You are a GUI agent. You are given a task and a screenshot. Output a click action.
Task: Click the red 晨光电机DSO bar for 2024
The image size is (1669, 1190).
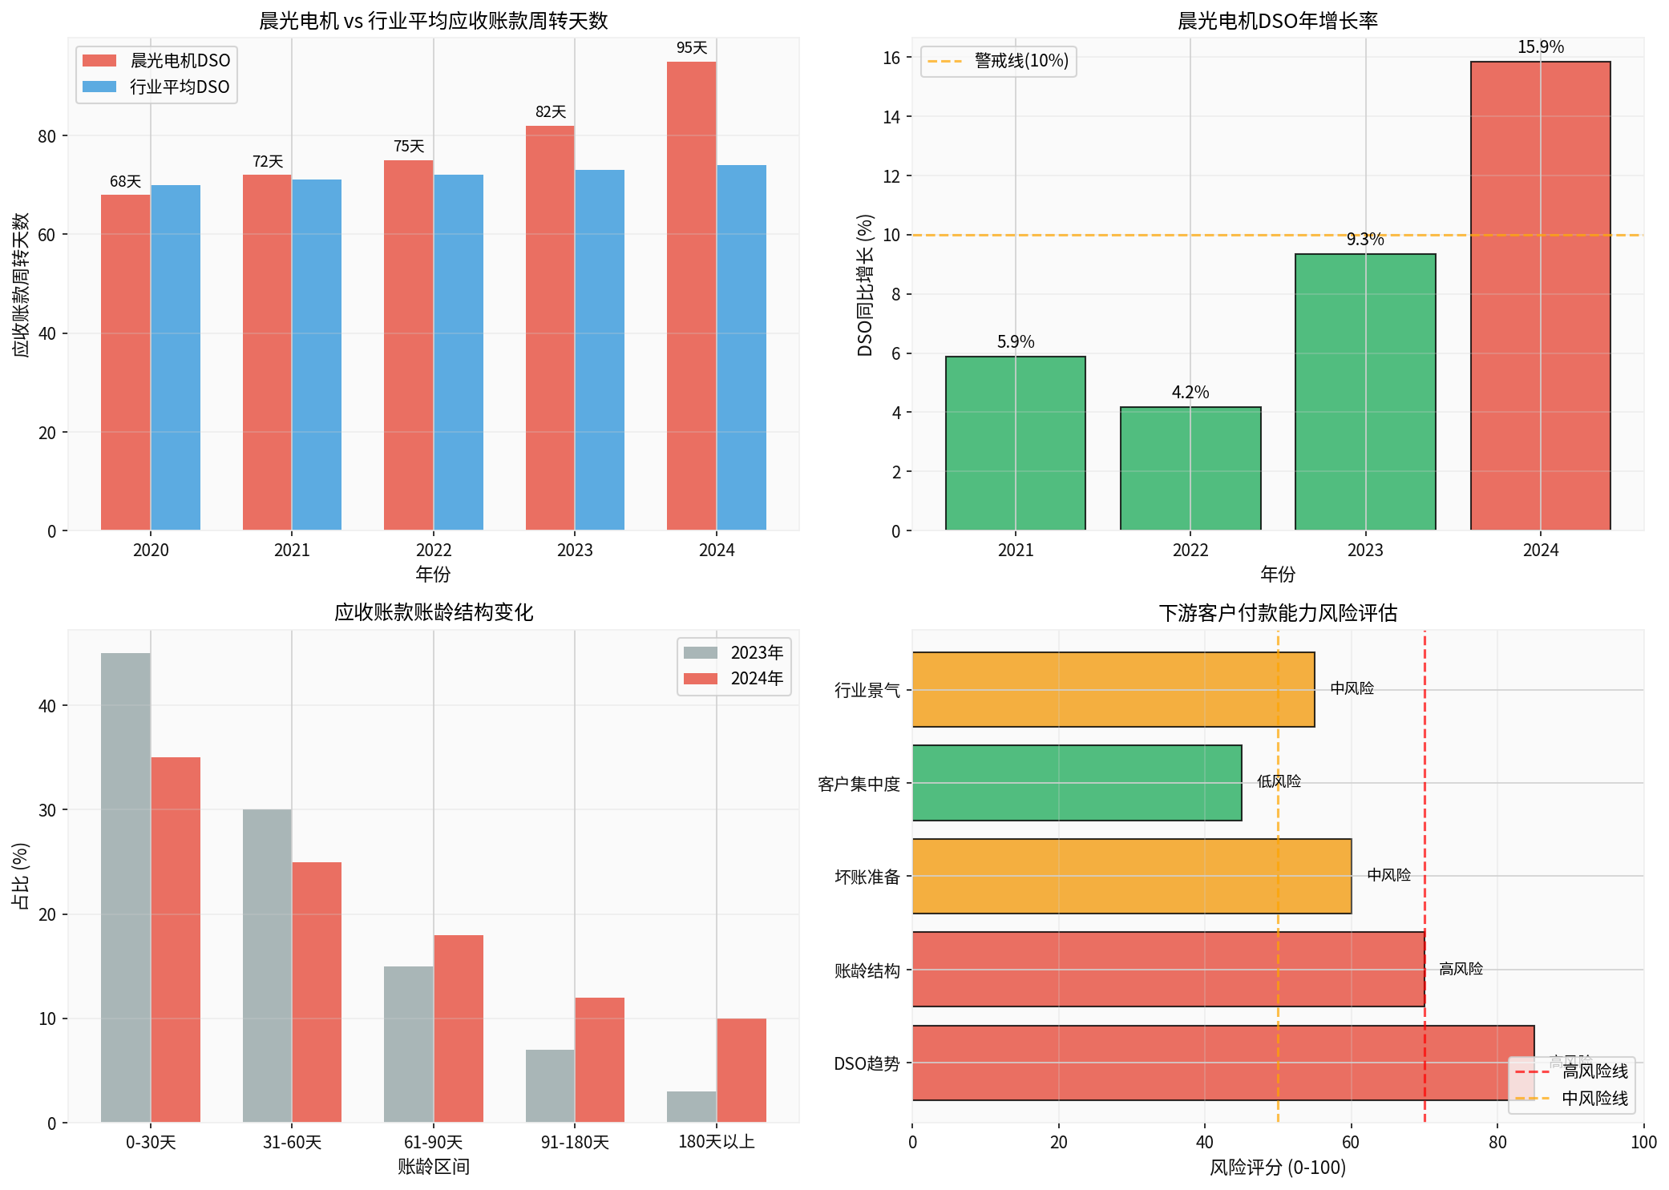point(691,296)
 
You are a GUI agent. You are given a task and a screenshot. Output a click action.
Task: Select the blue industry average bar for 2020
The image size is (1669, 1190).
point(176,357)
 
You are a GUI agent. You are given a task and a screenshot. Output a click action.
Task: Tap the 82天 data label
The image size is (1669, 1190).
point(551,112)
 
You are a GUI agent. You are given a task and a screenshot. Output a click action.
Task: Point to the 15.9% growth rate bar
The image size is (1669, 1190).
point(1540,296)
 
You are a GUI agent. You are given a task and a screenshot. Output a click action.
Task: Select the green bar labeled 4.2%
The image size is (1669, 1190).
point(1190,469)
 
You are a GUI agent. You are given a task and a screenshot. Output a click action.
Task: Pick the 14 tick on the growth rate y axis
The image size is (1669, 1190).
point(891,117)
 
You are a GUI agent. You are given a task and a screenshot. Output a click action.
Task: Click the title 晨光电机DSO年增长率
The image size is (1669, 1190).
point(1277,21)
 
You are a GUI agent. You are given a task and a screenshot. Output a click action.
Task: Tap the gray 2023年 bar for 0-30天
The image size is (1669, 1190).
point(126,887)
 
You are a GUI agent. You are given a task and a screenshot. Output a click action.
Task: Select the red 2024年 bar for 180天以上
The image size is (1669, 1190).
point(741,1070)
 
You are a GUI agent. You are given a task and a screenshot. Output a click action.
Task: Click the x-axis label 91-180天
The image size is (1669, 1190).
point(575,1142)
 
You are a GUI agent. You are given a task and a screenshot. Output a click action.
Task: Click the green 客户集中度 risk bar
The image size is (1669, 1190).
point(1077,783)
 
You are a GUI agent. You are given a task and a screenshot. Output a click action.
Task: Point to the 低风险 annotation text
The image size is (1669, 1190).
point(1279,781)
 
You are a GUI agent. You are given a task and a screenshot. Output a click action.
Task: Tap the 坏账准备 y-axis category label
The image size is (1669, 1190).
point(867,877)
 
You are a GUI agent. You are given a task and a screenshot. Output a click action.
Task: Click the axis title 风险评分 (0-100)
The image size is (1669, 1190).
point(1277,1168)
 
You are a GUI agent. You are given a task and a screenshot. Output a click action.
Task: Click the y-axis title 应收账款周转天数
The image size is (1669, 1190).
point(21,284)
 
